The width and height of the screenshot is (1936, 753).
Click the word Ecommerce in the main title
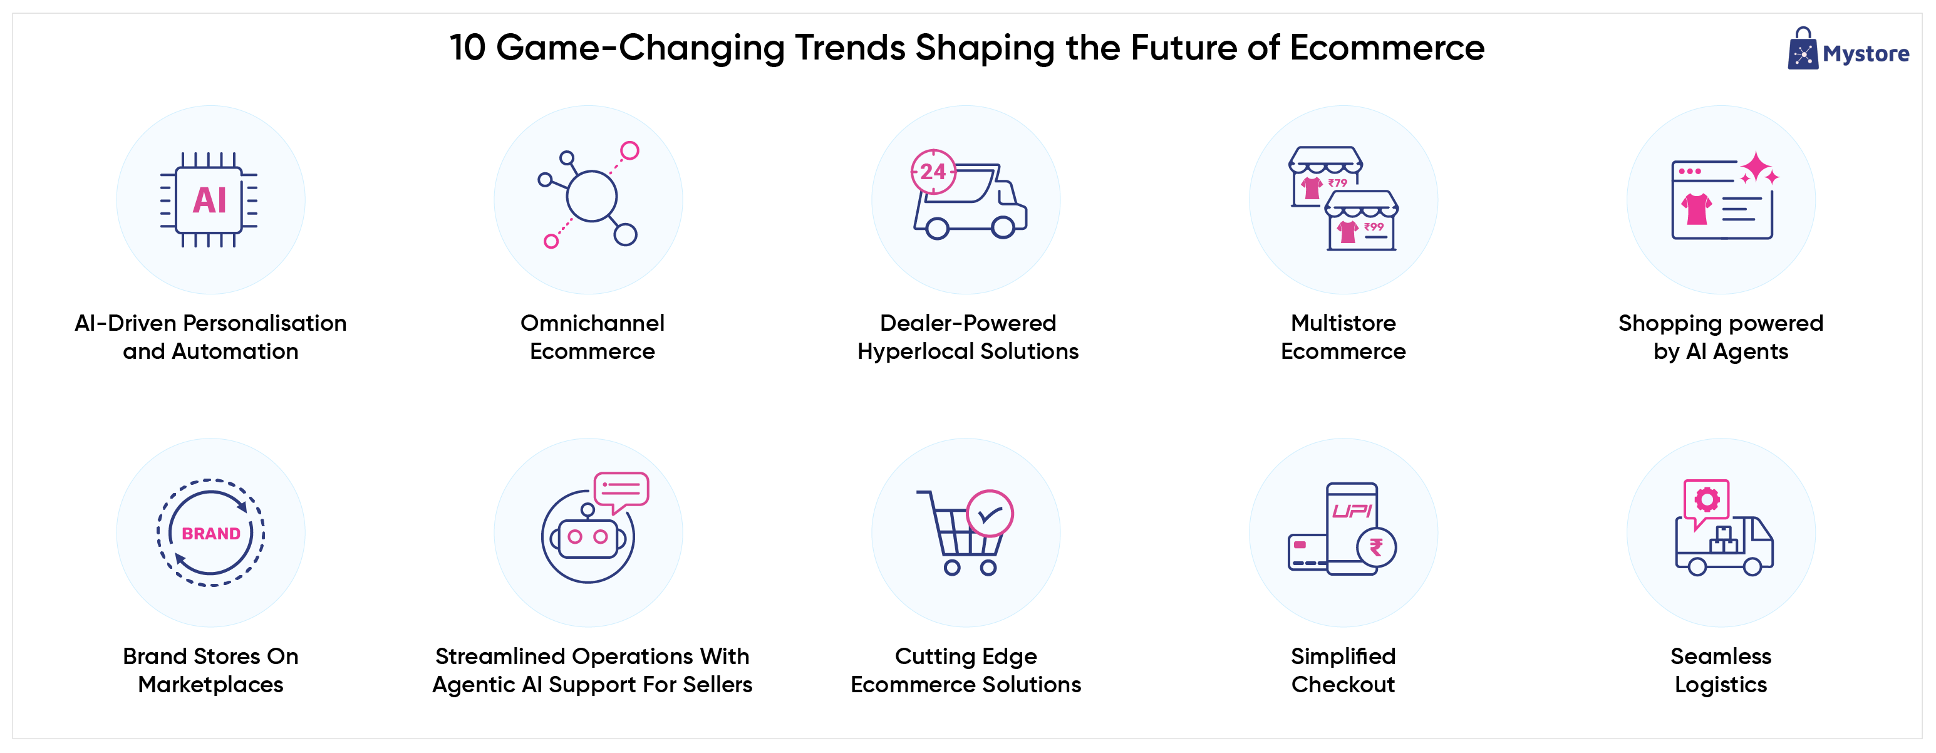click(1387, 48)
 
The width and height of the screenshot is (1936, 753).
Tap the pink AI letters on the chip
click(210, 200)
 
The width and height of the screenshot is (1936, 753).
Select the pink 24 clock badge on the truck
click(933, 172)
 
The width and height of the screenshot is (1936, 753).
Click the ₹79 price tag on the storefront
click(1338, 183)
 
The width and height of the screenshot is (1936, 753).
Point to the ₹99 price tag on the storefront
click(1374, 226)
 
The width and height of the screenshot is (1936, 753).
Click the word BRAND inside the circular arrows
click(211, 534)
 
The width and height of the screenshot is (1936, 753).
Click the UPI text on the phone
click(1352, 511)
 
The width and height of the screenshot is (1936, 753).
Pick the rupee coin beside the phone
click(1376, 547)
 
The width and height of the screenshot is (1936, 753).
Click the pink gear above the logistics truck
click(1707, 500)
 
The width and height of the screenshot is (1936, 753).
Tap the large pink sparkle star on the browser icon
click(1756, 168)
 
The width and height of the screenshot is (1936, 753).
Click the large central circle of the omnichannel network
click(591, 196)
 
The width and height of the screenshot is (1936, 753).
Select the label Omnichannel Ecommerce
click(593, 336)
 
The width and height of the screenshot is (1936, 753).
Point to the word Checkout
click(1343, 685)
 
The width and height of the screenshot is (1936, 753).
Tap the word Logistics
click(1721, 685)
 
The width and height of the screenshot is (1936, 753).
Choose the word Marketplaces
click(210, 685)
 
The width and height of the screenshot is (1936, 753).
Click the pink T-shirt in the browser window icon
click(1697, 209)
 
